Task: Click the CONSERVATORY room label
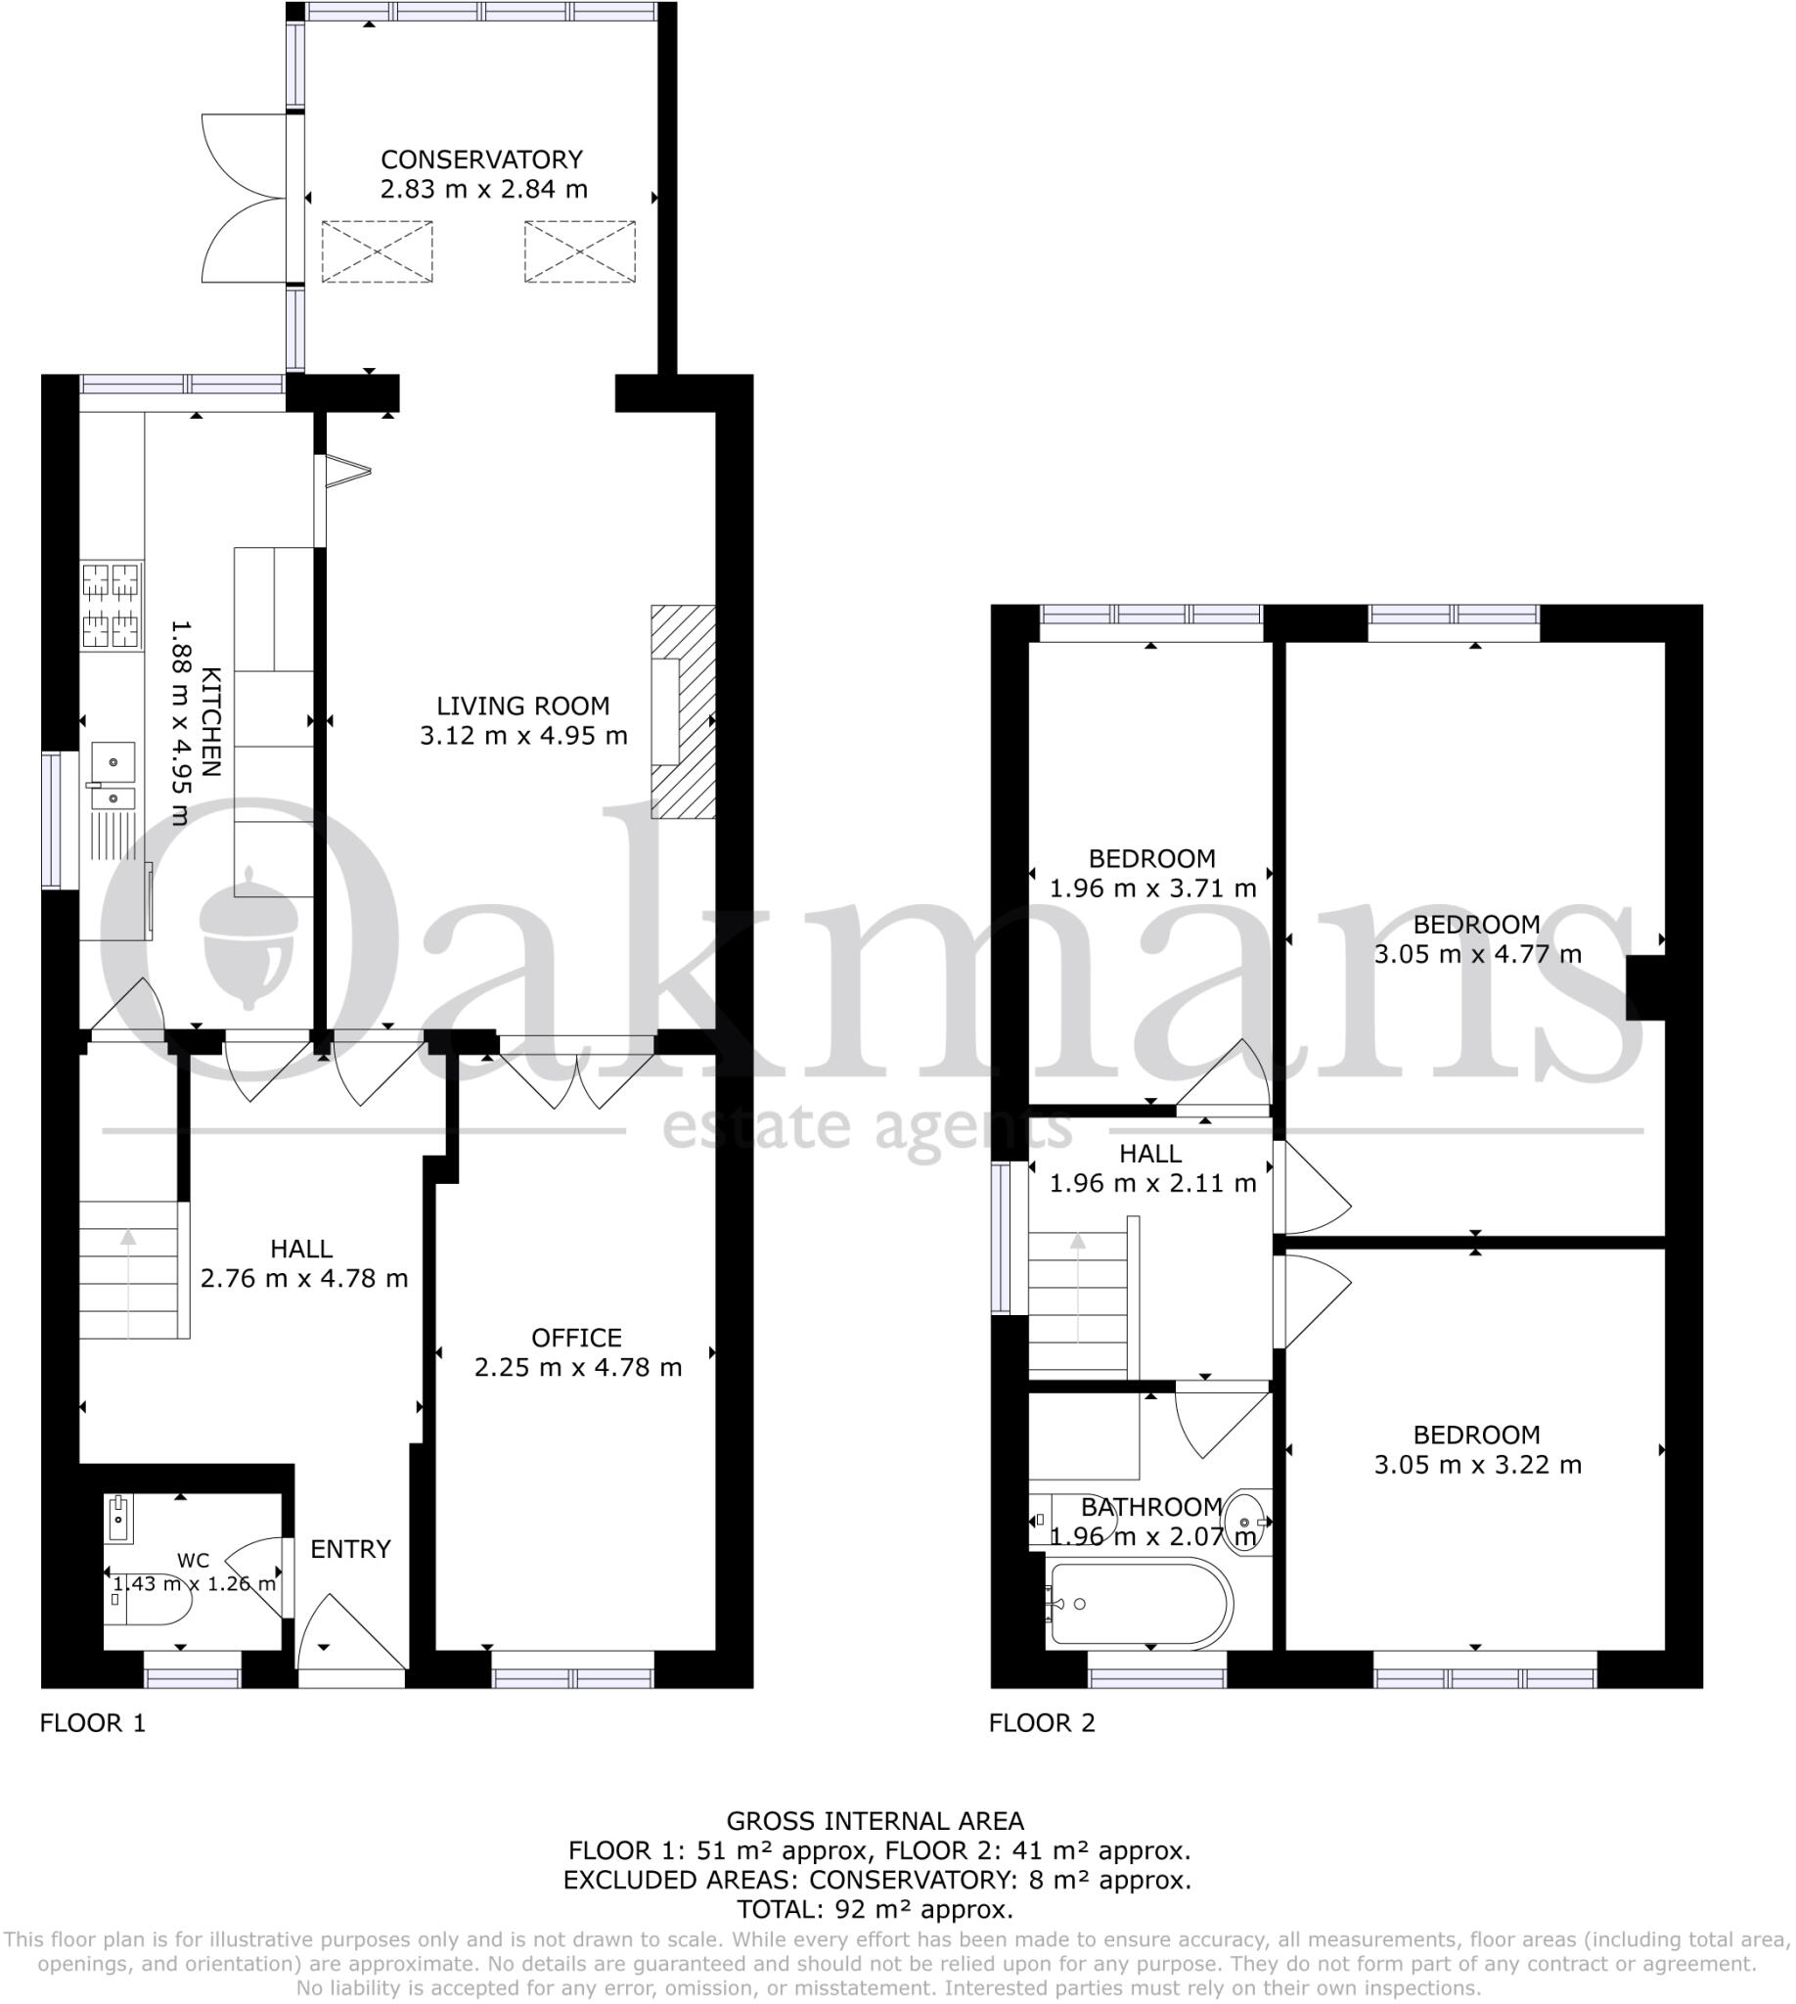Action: pyautogui.click(x=481, y=159)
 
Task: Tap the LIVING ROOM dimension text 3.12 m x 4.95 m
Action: pyautogui.click(x=523, y=736)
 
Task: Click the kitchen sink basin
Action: pyautogui.click(x=113, y=762)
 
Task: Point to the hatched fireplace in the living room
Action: pyautogui.click(x=684, y=710)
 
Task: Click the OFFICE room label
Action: pyautogui.click(x=576, y=1338)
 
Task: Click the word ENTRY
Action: pyautogui.click(x=350, y=1549)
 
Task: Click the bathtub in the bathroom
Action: pyautogui.click(x=1140, y=1604)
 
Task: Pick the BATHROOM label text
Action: pyautogui.click(x=1151, y=1508)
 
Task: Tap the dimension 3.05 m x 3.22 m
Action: pyautogui.click(x=1477, y=1465)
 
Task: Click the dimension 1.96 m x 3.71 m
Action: pyautogui.click(x=1151, y=888)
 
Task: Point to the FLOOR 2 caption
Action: pyautogui.click(x=1041, y=1723)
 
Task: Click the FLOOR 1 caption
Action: pyautogui.click(x=93, y=1723)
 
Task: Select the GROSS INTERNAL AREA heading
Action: pyautogui.click(x=875, y=1821)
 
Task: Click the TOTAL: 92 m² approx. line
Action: pyautogui.click(x=875, y=1909)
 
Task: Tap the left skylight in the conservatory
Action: pyautogui.click(x=377, y=251)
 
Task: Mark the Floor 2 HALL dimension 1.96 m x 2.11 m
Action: pyautogui.click(x=1151, y=1183)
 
